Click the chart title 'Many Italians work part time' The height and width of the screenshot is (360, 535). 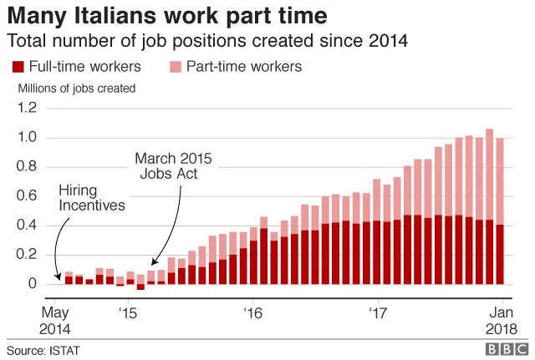(x=167, y=16)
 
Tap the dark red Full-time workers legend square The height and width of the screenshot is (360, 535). (x=17, y=67)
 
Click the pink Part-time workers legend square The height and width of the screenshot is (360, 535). (x=175, y=67)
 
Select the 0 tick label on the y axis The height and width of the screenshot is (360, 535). (x=33, y=284)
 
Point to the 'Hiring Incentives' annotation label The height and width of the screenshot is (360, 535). (x=92, y=197)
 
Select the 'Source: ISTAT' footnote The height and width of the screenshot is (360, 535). (x=43, y=350)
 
